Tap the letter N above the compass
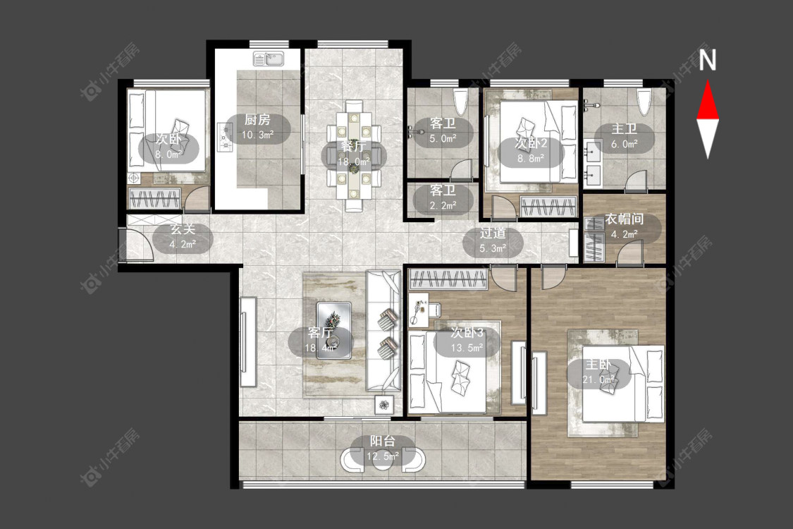708,60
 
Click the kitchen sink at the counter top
269,59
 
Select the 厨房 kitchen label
257,120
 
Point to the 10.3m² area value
257,135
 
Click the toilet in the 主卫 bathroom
644,102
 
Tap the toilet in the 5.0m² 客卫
461,102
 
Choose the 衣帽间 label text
624,219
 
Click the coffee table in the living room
334,331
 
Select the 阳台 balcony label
382,442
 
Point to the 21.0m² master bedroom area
598,379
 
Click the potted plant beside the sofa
384,404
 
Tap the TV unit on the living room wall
248,342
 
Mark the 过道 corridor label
493,233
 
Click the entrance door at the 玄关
137,245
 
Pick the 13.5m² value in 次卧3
467,348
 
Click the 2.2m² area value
443,205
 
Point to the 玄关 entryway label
182,229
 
